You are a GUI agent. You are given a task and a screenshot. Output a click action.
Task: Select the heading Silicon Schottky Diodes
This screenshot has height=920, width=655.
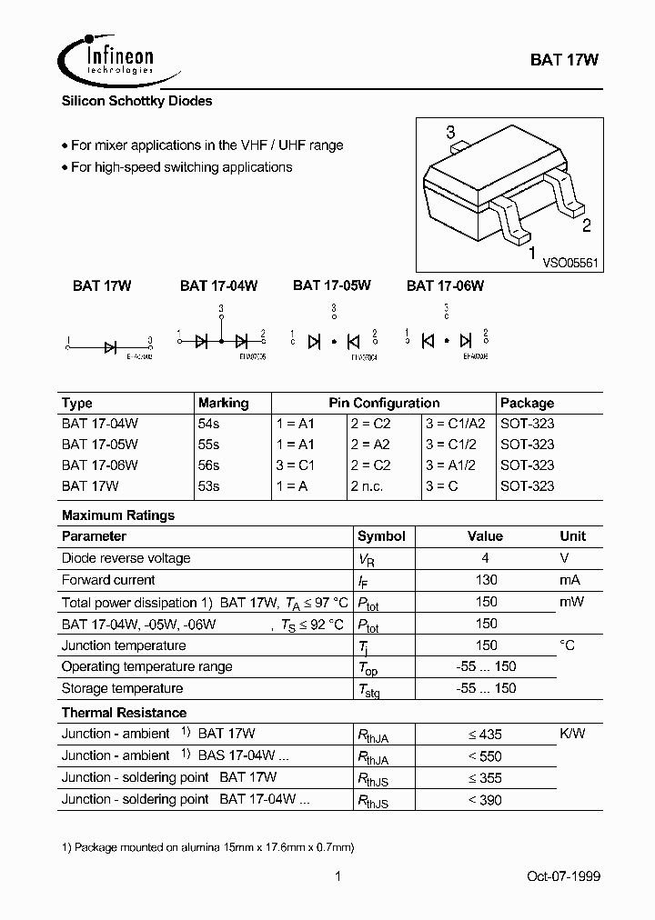point(136,102)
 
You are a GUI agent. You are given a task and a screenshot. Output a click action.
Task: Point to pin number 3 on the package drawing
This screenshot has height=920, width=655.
point(449,134)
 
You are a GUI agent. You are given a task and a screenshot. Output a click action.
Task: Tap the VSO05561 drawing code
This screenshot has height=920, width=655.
point(570,263)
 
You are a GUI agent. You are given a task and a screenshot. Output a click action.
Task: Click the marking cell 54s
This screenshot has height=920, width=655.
point(208,424)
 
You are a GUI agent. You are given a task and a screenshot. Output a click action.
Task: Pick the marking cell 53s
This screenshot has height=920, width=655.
point(208,485)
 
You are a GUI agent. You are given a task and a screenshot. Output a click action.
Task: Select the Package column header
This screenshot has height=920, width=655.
point(527,403)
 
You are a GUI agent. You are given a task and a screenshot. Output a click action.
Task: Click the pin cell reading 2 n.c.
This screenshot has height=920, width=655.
point(369,485)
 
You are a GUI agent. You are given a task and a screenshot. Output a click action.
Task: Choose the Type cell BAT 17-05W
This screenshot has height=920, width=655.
point(100,445)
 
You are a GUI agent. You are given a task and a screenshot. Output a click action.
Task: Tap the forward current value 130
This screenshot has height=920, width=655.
point(487,580)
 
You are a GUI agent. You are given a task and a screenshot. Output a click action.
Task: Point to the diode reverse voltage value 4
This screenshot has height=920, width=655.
point(487,558)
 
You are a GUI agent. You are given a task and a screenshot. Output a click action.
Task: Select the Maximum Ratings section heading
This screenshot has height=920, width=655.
point(118,515)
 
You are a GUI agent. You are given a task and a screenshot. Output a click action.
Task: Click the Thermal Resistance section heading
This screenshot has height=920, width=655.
point(124,713)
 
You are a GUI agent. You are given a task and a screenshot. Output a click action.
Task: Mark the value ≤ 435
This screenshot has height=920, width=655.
point(485,735)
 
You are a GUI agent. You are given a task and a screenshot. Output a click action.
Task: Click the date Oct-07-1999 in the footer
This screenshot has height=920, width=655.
point(563,876)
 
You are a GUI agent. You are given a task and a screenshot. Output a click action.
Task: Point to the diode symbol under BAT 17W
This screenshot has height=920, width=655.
point(110,345)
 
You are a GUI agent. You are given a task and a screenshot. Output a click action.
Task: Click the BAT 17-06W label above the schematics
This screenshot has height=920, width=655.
point(445,285)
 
